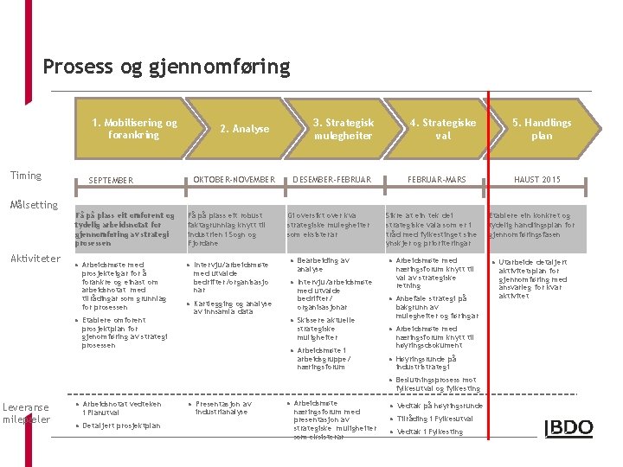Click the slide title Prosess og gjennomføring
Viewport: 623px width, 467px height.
pos(166,66)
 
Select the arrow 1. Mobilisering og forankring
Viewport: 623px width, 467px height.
pos(134,129)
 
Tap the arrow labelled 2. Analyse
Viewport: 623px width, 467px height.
pos(244,129)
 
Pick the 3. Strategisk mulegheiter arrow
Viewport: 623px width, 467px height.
pos(343,129)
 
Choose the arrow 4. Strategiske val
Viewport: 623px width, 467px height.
pos(442,129)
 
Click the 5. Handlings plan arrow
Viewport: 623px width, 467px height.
pos(542,129)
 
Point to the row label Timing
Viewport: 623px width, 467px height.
pos(25,176)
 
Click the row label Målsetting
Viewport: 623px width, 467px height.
pos(34,205)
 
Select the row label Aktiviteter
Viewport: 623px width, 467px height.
pos(35,259)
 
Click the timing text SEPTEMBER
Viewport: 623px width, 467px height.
pos(111,181)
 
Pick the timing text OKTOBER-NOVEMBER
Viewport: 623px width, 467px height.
pos(234,180)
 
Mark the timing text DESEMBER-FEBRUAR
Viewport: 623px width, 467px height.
pos(331,180)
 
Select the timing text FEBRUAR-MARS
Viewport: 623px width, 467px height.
pos(437,180)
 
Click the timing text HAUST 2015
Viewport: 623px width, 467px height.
pos(537,180)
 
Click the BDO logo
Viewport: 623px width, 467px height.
pos(568,428)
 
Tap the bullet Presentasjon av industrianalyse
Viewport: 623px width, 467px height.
pos(222,408)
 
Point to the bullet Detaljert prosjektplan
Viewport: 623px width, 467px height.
pos(120,425)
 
